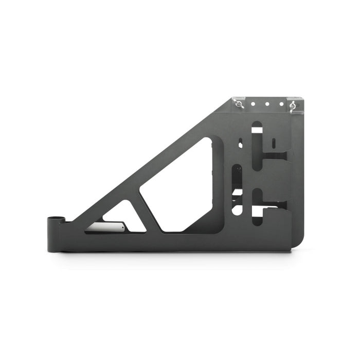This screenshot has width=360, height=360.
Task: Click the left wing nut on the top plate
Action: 240,105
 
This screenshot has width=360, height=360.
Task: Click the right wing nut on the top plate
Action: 294,106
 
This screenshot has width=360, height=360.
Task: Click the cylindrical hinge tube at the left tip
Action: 55,233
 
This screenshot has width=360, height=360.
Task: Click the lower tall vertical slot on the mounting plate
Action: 256,201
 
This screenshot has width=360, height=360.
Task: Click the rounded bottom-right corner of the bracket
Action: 298,244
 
